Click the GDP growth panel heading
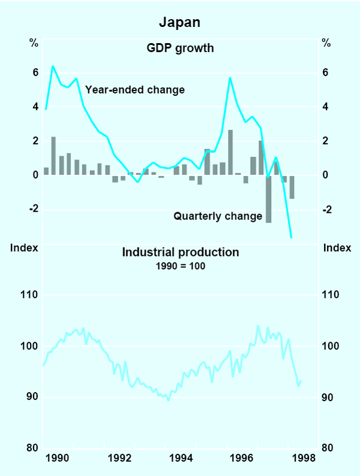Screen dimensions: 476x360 (x=180, y=47)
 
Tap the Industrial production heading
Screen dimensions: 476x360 (x=180, y=252)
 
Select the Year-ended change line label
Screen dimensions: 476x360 (x=135, y=90)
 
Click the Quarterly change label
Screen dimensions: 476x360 (x=218, y=216)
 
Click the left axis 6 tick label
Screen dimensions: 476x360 (x=35, y=73)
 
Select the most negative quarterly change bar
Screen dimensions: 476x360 (x=269, y=199)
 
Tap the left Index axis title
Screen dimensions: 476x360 (x=25, y=248)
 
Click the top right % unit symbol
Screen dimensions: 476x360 (x=326, y=43)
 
